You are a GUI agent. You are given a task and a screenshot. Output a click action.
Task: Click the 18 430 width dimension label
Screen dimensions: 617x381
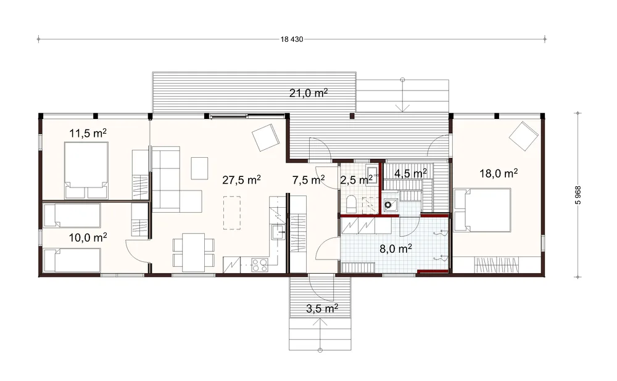[x=292, y=39]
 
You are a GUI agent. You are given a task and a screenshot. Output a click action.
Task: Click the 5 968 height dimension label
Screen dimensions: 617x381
[x=578, y=195]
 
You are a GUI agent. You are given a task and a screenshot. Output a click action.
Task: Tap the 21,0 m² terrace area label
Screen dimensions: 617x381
[x=309, y=93]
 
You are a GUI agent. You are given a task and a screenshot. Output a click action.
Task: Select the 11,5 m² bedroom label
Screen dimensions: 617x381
[x=88, y=133]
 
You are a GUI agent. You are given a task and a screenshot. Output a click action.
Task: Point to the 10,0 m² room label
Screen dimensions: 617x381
[x=88, y=237]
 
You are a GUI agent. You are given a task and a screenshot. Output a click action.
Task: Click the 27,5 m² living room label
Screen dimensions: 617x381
[x=242, y=179]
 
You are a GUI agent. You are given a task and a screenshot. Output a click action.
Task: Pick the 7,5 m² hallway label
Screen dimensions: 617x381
[x=308, y=179]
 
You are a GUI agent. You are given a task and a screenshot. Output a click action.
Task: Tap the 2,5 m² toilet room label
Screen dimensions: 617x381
[x=357, y=179]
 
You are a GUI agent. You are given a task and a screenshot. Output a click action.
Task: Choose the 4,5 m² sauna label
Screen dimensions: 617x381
[x=411, y=173]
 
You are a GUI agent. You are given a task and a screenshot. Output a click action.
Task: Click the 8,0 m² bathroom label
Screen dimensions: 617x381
[x=396, y=248]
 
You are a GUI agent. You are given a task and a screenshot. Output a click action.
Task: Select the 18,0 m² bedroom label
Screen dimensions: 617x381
[x=499, y=173]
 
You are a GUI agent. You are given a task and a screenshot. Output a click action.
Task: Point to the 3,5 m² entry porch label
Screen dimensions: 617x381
[x=322, y=309]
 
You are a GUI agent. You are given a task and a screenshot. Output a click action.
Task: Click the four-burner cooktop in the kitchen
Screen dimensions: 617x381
[x=259, y=264]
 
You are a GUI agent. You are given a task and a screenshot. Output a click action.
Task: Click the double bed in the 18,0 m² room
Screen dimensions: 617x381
[x=482, y=210]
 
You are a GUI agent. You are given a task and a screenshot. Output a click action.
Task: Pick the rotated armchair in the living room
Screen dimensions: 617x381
[x=265, y=137]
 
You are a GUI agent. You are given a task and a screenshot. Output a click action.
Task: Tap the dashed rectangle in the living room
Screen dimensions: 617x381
[x=232, y=213]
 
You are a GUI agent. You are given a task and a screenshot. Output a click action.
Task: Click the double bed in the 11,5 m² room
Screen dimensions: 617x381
[x=86, y=170]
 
